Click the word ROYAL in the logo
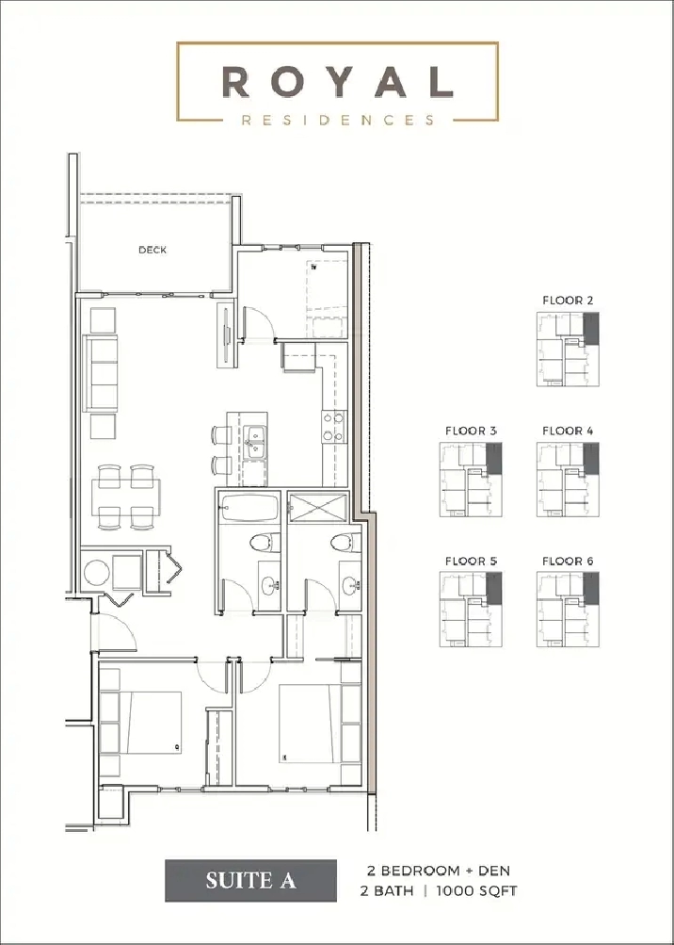(x=337, y=82)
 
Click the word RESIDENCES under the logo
(x=337, y=121)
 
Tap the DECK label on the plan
(x=152, y=250)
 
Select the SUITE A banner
(x=250, y=881)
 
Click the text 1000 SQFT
(x=474, y=890)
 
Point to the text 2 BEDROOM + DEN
(x=439, y=871)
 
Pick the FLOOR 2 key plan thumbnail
(x=568, y=350)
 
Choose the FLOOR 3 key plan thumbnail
(x=471, y=480)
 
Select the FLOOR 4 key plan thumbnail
(x=568, y=480)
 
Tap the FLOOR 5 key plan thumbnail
(x=471, y=610)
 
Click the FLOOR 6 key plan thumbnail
(x=568, y=610)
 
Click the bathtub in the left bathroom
(x=249, y=510)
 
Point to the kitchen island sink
(x=255, y=439)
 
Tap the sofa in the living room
(x=101, y=373)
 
